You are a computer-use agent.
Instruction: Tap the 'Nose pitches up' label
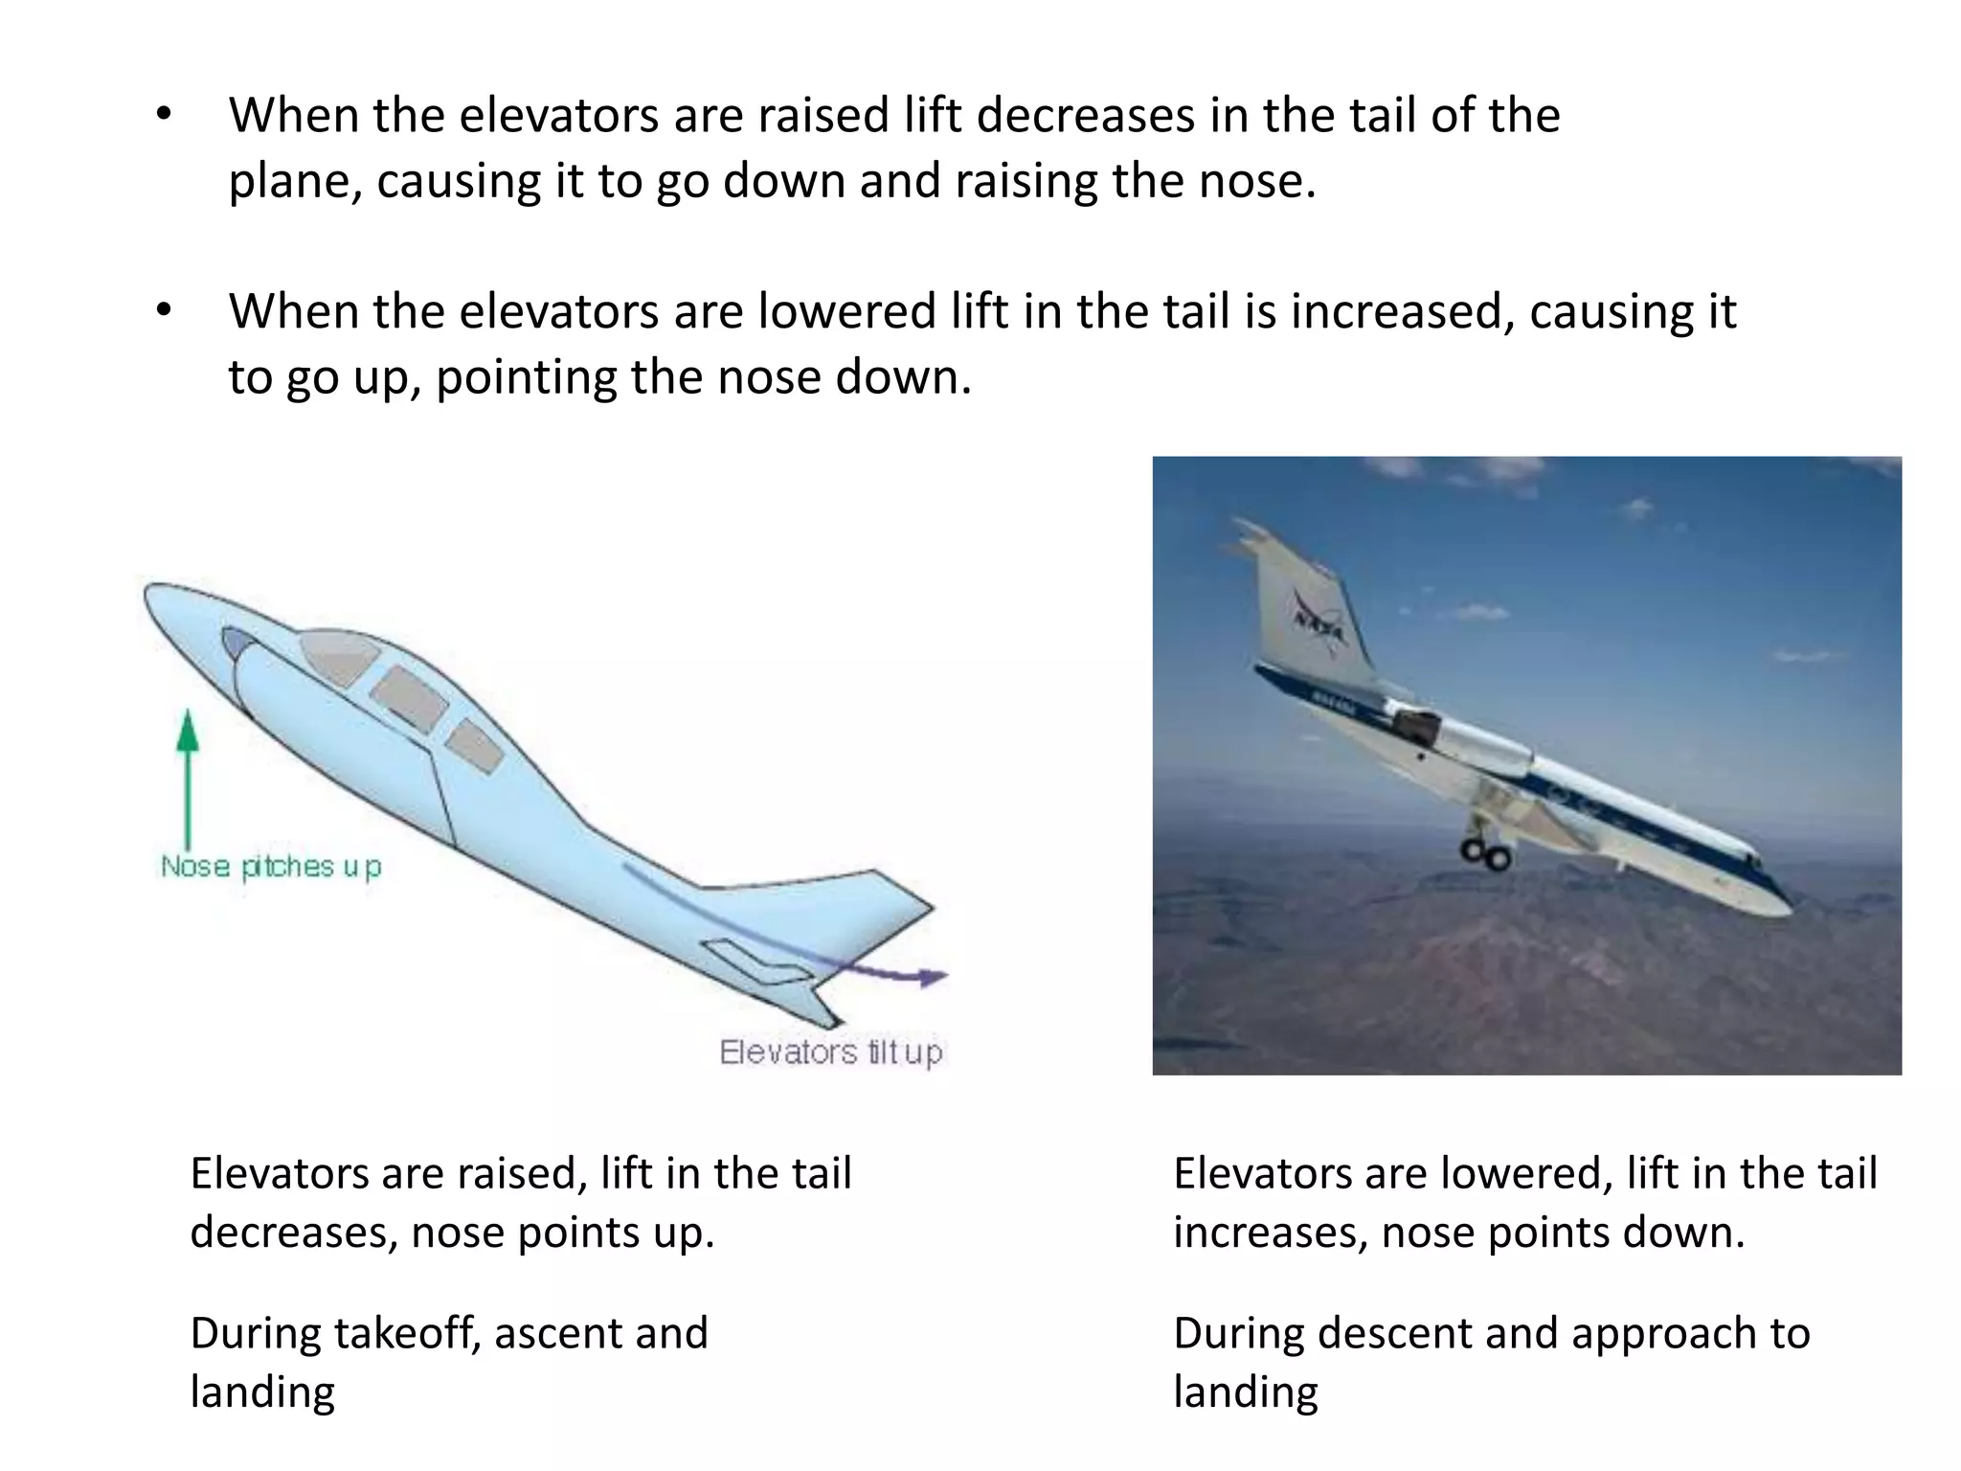(271, 867)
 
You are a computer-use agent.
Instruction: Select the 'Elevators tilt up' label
(831, 1052)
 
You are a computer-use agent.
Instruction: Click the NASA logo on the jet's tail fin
(1320, 622)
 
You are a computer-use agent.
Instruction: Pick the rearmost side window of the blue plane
(475, 746)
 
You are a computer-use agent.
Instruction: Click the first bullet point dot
(164, 116)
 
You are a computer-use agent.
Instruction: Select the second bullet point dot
(164, 312)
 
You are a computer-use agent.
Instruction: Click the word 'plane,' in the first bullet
(295, 182)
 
